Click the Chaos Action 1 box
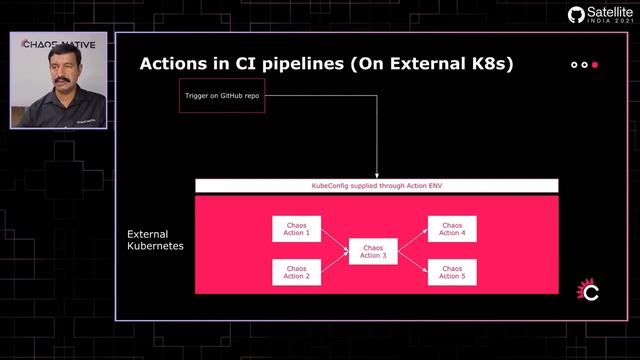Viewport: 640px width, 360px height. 296,229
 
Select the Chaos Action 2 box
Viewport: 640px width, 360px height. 296,271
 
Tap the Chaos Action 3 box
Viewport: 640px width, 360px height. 372,251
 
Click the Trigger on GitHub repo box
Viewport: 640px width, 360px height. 222,97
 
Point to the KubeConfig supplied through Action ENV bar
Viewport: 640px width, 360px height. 376,186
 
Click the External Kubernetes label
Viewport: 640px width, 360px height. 155,240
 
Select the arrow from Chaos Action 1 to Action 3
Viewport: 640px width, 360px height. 333,239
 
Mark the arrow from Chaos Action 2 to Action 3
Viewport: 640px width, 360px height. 333,262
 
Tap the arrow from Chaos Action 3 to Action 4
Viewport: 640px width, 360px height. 412,240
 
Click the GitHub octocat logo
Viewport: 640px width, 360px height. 576,15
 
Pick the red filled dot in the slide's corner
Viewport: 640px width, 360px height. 595,65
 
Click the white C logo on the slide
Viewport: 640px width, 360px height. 589,292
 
